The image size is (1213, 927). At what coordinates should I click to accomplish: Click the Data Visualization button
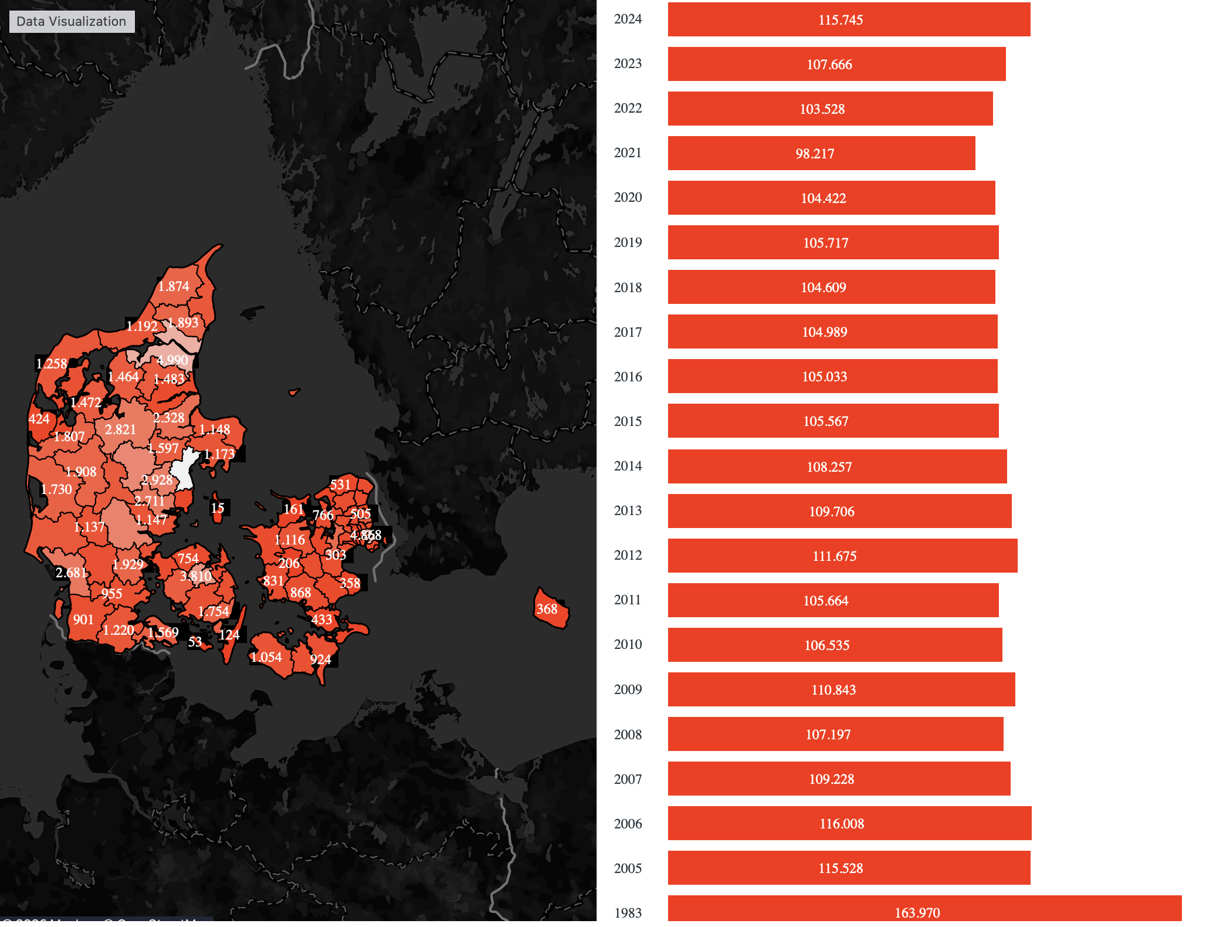coord(72,22)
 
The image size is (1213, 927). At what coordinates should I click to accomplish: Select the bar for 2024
coord(848,19)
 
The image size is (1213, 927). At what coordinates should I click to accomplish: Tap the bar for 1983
coord(924,911)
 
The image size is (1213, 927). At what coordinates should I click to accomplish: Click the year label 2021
coord(628,153)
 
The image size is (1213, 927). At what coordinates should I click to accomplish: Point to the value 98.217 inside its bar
coord(815,154)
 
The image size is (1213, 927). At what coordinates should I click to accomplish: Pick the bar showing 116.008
coord(849,823)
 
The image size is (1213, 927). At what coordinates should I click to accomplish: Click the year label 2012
coord(628,555)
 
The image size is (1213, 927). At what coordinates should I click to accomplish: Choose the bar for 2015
coord(832,421)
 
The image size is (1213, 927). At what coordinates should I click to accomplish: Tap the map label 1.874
coord(174,286)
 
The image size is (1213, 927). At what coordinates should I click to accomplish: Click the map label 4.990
coord(172,360)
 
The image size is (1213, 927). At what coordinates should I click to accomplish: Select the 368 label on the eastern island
coord(547,609)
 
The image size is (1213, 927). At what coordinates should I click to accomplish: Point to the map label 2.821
coord(120,429)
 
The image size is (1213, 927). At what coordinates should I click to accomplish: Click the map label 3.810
coord(195,576)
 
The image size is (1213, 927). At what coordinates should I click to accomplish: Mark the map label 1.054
coord(266,657)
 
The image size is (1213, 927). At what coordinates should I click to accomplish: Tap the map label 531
coord(340,485)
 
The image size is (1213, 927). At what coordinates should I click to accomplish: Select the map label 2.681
coord(71,573)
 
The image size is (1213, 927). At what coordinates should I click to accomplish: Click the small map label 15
coord(218,508)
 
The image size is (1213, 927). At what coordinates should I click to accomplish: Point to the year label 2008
coord(628,735)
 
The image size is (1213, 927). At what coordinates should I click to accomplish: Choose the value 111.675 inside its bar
coord(834,556)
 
